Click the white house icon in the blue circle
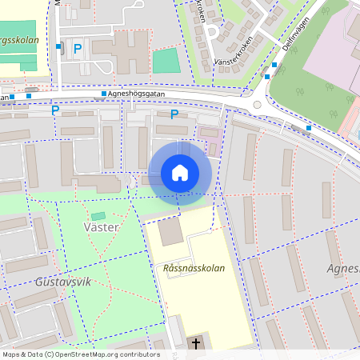pyautogui.click(x=180, y=173)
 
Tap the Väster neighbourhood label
pyautogui.click(x=101, y=227)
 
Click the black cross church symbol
pyautogui.click(x=196, y=344)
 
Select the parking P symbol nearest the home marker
pyautogui.click(x=174, y=114)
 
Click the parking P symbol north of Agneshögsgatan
pyautogui.click(x=78, y=49)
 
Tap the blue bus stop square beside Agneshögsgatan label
pyautogui.click(x=104, y=94)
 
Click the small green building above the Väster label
pyautogui.click(x=98, y=216)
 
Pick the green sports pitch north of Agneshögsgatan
pyautogui.click(x=166, y=61)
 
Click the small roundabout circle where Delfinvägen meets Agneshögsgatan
pyautogui.click(x=258, y=104)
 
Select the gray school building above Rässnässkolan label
pyautogui.click(x=170, y=232)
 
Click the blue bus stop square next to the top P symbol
pyautogui.click(x=59, y=47)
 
